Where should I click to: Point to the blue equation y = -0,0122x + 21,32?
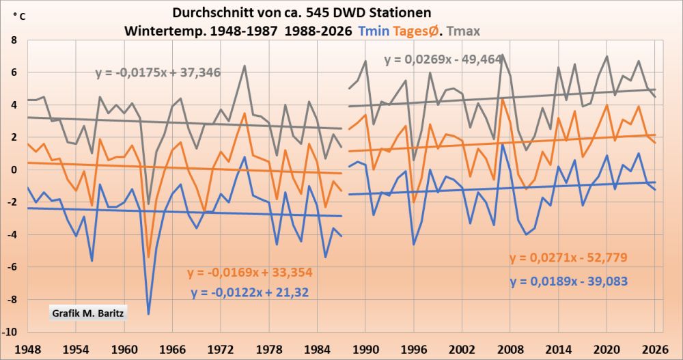pos(249,293)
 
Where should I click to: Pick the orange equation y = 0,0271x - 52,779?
pos(568,258)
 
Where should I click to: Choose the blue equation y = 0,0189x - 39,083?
pos(568,281)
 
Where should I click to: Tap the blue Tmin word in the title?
pos(376,31)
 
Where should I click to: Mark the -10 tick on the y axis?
pos(10,332)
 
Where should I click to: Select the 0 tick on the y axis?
pos(12,169)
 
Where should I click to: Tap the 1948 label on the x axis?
pos(27,346)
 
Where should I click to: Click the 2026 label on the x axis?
pos(654,346)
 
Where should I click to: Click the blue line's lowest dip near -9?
pos(148,314)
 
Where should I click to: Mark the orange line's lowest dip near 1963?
pos(148,257)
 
